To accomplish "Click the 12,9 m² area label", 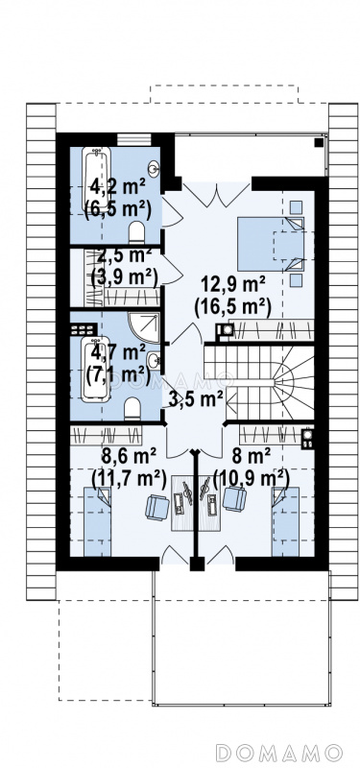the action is [233, 284].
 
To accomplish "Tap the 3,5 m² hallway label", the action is [193, 399].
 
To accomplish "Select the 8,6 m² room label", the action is [129, 458].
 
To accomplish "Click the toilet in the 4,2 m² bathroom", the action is [136, 232].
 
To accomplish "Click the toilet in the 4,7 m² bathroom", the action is [132, 409].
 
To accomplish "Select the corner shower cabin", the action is [144, 326].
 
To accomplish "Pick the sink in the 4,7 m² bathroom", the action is [155, 362].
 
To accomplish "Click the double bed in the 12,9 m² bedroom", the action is [271, 244].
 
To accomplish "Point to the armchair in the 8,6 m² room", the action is [157, 507].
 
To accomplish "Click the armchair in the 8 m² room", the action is [234, 499].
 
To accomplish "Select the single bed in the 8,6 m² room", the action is [97, 521].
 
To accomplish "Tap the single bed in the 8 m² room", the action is [285, 521].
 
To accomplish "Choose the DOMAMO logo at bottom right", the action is [278, 753].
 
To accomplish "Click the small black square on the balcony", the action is [319, 142].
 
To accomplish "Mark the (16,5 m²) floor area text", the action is [232, 307].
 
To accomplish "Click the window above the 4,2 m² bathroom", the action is [134, 139].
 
